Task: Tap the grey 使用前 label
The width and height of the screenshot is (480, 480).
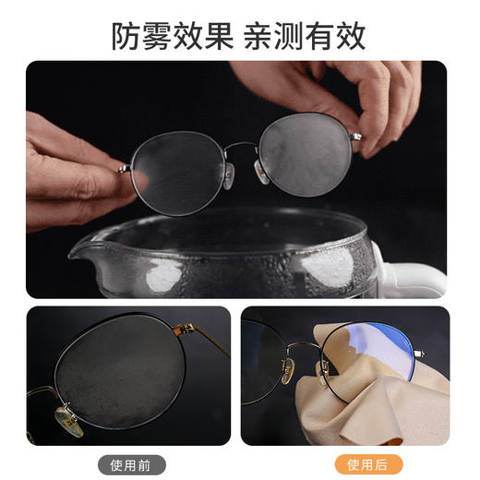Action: (129, 463)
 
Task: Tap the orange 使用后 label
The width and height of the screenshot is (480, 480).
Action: (368, 463)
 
